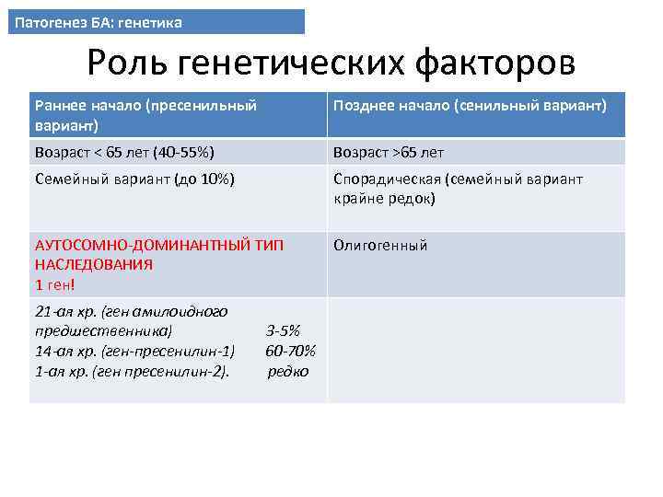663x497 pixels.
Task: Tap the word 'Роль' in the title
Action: coord(128,64)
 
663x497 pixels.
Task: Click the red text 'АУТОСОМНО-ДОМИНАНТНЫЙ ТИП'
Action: coord(159,246)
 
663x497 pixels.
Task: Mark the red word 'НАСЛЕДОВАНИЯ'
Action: coord(94,264)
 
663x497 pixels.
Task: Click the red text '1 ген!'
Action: coord(54,283)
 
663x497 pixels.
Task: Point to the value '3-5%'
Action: coord(283,331)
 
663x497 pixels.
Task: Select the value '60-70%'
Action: coord(290,351)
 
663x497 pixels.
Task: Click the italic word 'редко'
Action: coord(288,371)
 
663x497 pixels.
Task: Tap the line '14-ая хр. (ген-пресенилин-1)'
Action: coord(134,351)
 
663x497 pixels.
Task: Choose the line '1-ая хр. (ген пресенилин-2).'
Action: coord(132,371)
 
